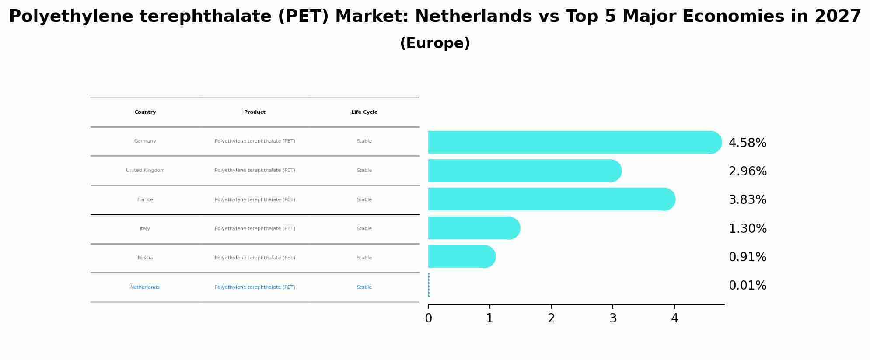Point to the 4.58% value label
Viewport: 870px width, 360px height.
pyautogui.click(x=747, y=143)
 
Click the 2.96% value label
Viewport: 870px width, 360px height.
pyautogui.click(x=747, y=171)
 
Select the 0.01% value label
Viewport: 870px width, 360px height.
pyautogui.click(x=747, y=286)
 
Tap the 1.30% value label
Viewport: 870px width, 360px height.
pyautogui.click(x=747, y=229)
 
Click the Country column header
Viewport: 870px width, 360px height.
pyautogui.click(x=145, y=112)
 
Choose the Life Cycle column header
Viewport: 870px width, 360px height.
pyautogui.click(x=364, y=112)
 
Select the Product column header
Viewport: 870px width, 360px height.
pyautogui.click(x=255, y=112)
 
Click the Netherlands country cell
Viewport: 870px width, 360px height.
pyautogui.click(x=145, y=287)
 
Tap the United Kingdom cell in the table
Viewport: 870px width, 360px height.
pyautogui.click(x=145, y=171)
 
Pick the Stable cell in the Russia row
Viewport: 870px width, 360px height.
pyautogui.click(x=364, y=258)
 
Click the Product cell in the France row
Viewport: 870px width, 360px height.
pyautogui.click(x=255, y=200)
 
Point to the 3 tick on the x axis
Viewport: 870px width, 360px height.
pyautogui.click(x=613, y=318)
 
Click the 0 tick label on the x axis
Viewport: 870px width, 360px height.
pyautogui.click(x=428, y=318)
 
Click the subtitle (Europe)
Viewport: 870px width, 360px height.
pyautogui.click(x=435, y=43)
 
